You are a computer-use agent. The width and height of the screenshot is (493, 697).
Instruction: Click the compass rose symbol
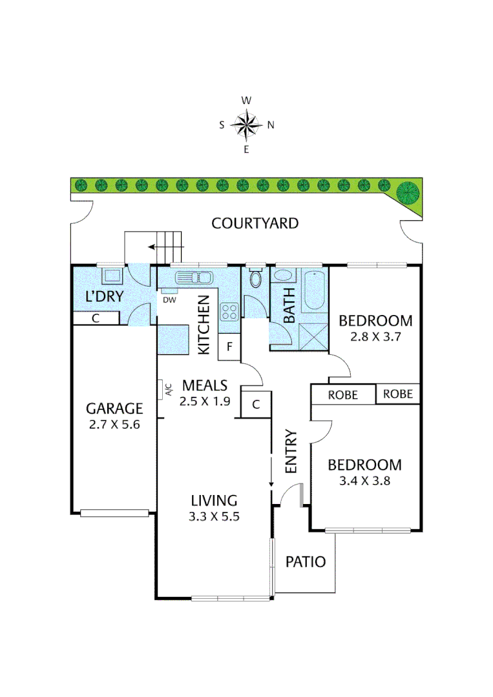(246, 125)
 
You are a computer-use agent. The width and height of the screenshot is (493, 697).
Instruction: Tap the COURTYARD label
(255, 223)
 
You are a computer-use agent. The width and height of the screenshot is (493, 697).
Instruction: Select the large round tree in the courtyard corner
(408, 192)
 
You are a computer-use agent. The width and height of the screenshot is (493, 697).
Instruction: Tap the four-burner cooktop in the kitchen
(229, 312)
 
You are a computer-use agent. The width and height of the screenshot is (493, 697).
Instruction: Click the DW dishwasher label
(169, 299)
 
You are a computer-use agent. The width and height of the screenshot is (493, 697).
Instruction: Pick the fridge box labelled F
(229, 347)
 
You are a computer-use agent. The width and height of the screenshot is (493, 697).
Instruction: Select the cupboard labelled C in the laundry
(96, 318)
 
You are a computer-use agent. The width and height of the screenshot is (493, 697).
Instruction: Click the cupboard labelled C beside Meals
(256, 405)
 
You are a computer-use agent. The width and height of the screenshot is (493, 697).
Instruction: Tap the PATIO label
(306, 561)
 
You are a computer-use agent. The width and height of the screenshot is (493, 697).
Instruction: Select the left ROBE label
(343, 395)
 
